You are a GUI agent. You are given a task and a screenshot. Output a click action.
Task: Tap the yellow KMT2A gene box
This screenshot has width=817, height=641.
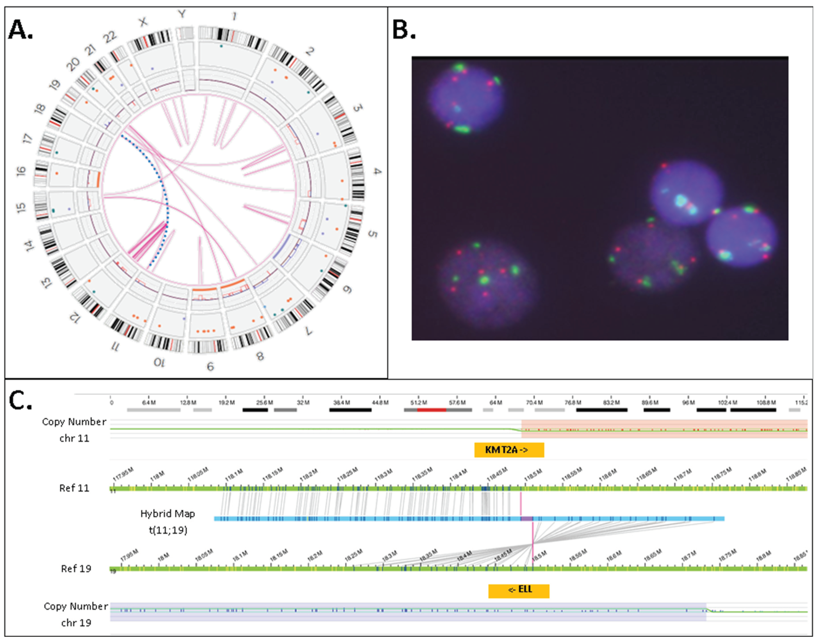[x=509, y=450]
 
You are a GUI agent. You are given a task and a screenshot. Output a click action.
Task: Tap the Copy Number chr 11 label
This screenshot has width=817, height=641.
[x=74, y=430]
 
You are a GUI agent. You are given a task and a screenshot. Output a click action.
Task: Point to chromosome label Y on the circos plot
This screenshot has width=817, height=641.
[x=182, y=14]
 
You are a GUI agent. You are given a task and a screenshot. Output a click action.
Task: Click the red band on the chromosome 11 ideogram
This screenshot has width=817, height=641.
[x=431, y=410]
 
